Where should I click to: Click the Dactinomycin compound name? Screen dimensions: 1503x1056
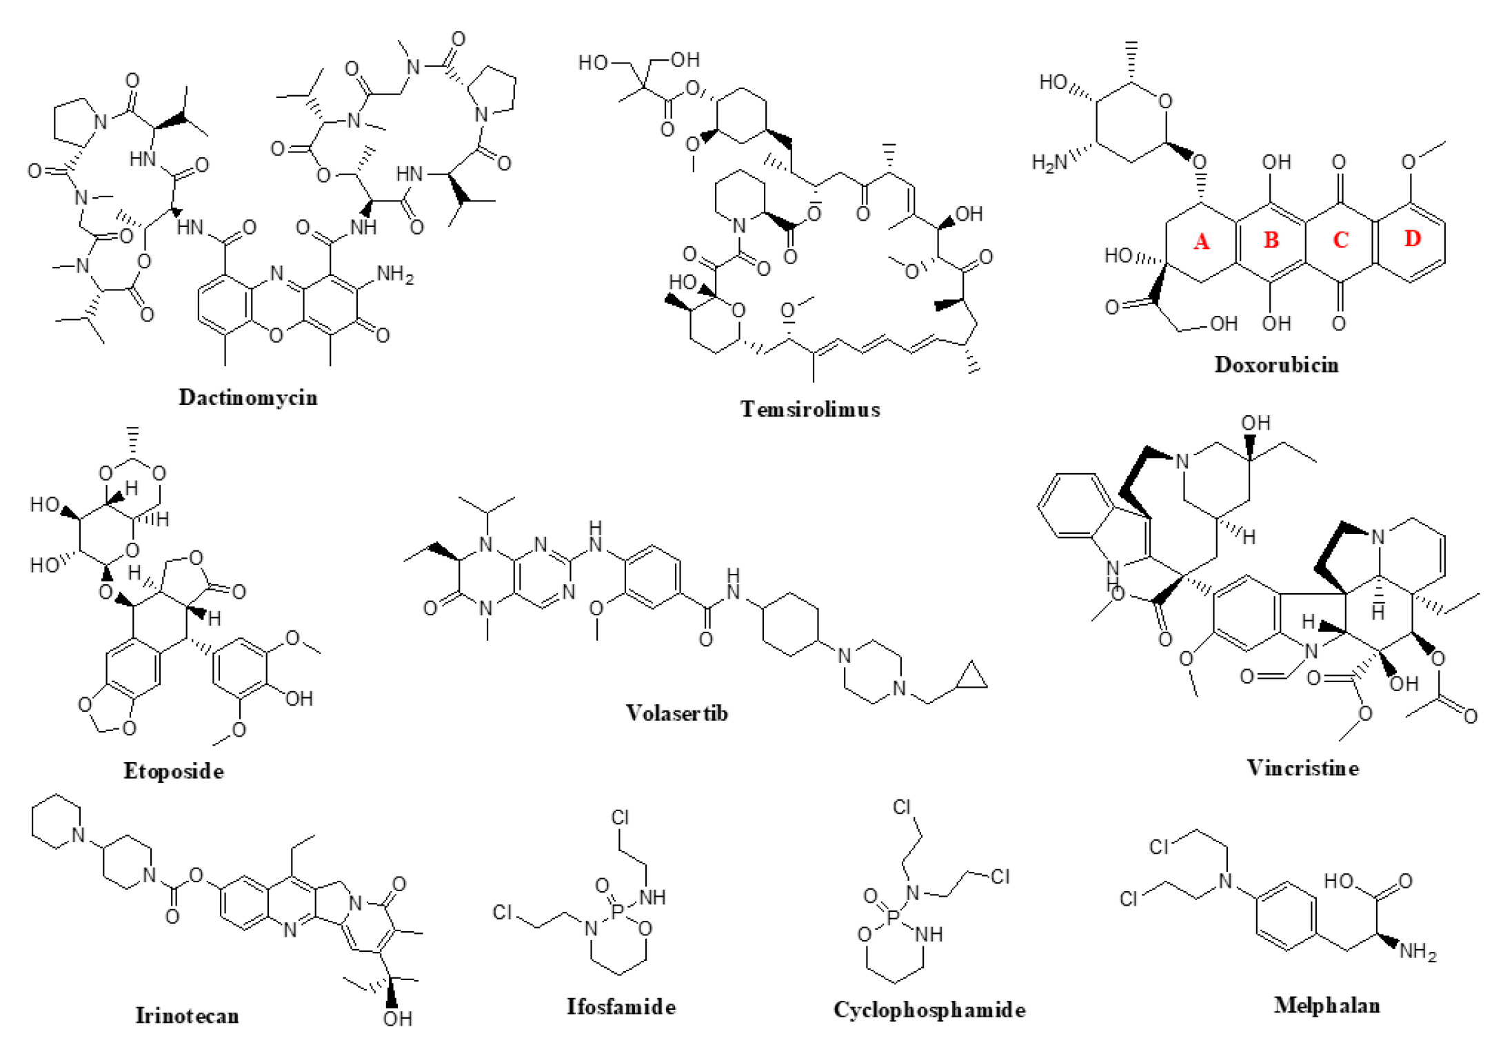pos(248,397)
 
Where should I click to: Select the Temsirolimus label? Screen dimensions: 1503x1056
pos(810,409)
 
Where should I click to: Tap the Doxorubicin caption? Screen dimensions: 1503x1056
pos(1276,364)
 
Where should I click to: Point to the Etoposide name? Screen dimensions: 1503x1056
pos(174,770)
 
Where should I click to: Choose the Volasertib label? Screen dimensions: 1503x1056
pos(676,713)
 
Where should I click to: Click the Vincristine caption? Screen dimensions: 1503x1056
pos(1302,768)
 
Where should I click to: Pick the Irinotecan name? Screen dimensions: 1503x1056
pos(187,1015)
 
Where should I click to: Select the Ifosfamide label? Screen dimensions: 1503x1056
pos(621,1006)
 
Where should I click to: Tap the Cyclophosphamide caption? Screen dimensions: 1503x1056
pos(929,1010)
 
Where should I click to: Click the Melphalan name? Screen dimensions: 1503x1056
pos(1327,1005)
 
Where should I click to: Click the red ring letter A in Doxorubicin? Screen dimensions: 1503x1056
pos(1201,241)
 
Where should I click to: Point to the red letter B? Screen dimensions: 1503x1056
pos(1271,240)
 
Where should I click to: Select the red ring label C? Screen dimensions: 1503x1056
pos(1340,240)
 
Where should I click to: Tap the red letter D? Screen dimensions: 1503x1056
pos(1412,239)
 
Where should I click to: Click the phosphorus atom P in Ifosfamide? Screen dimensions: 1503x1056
pos(617,912)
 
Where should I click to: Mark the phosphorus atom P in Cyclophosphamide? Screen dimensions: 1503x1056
pos(894,917)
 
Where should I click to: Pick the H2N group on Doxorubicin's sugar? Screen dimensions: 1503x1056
pos(1049,163)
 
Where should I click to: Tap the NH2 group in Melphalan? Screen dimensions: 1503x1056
pos(1418,952)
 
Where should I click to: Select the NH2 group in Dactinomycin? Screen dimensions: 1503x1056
pos(395,275)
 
